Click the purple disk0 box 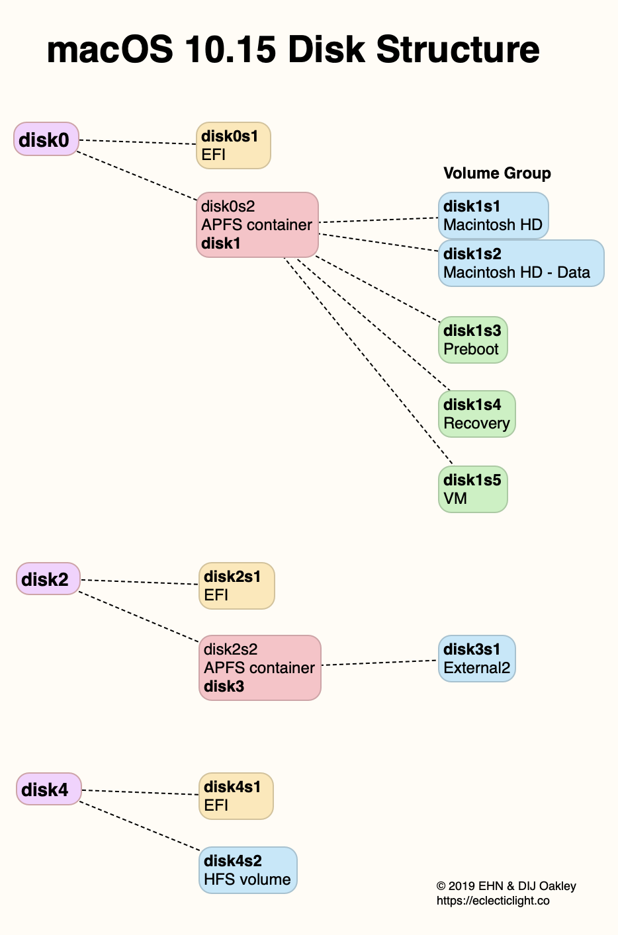coord(46,139)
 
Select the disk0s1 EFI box coord(233,145)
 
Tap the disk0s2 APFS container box coord(257,225)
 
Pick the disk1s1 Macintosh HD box coord(493,216)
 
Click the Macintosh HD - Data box coord(521,263)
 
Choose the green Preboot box coord(472,340)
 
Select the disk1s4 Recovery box coord(476,414)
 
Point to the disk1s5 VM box coord(472,489)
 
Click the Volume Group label coord(497,173)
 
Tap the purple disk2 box coord(48,579)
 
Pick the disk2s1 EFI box coord(236,586)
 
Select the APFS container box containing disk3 coord(259,668)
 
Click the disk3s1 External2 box coord(476,659)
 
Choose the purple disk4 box coord(48,789)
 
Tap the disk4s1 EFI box coord(236,796)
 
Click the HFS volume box coord(247,870)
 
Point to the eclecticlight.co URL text coord(492,901)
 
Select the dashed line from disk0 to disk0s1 coord(138,142)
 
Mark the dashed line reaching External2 coord(378,663)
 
